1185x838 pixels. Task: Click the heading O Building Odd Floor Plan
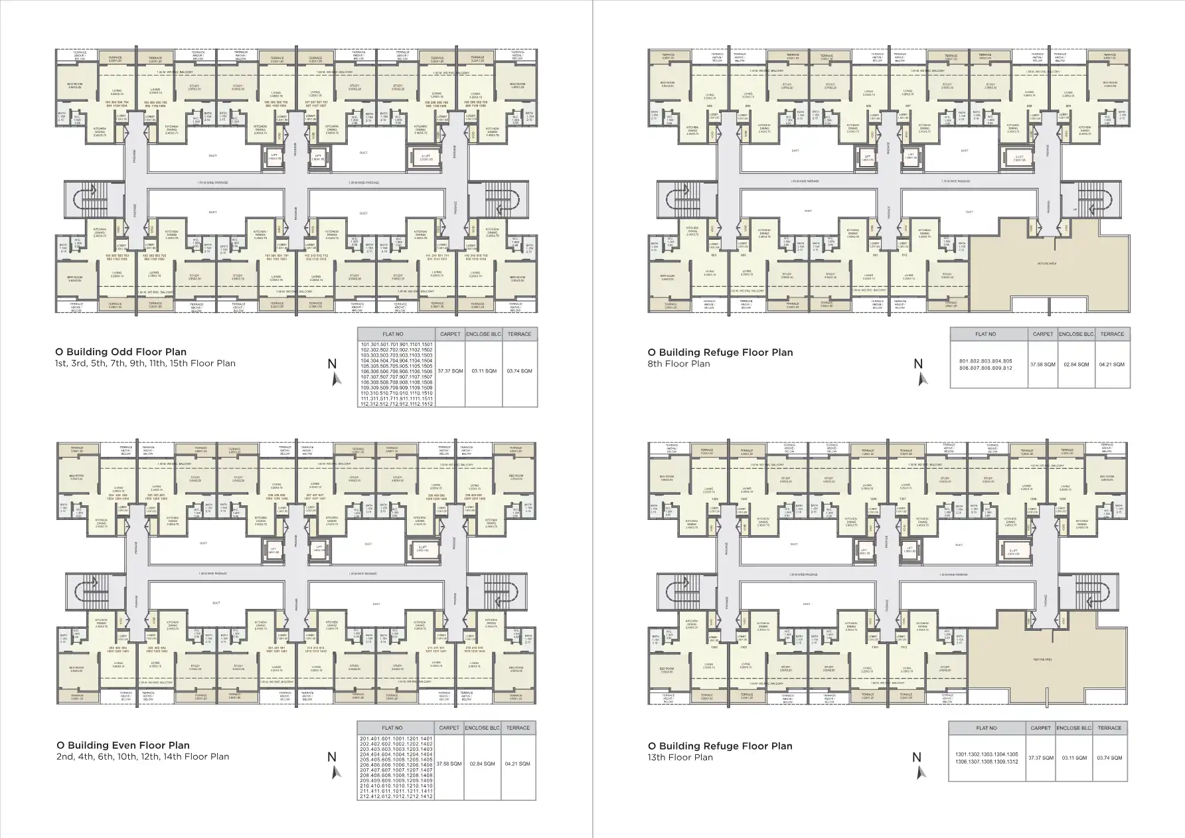121,352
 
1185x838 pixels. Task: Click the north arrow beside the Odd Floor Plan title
335,372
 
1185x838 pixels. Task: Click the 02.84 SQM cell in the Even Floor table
482,764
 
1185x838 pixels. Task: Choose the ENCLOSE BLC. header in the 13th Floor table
1073,728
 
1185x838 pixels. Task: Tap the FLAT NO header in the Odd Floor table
393,334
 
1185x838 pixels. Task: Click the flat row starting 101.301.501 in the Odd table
396,345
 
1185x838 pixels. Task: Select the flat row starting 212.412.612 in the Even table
396,796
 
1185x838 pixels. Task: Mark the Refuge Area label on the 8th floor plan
1047,264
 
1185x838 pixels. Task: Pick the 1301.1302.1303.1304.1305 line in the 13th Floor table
986,754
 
